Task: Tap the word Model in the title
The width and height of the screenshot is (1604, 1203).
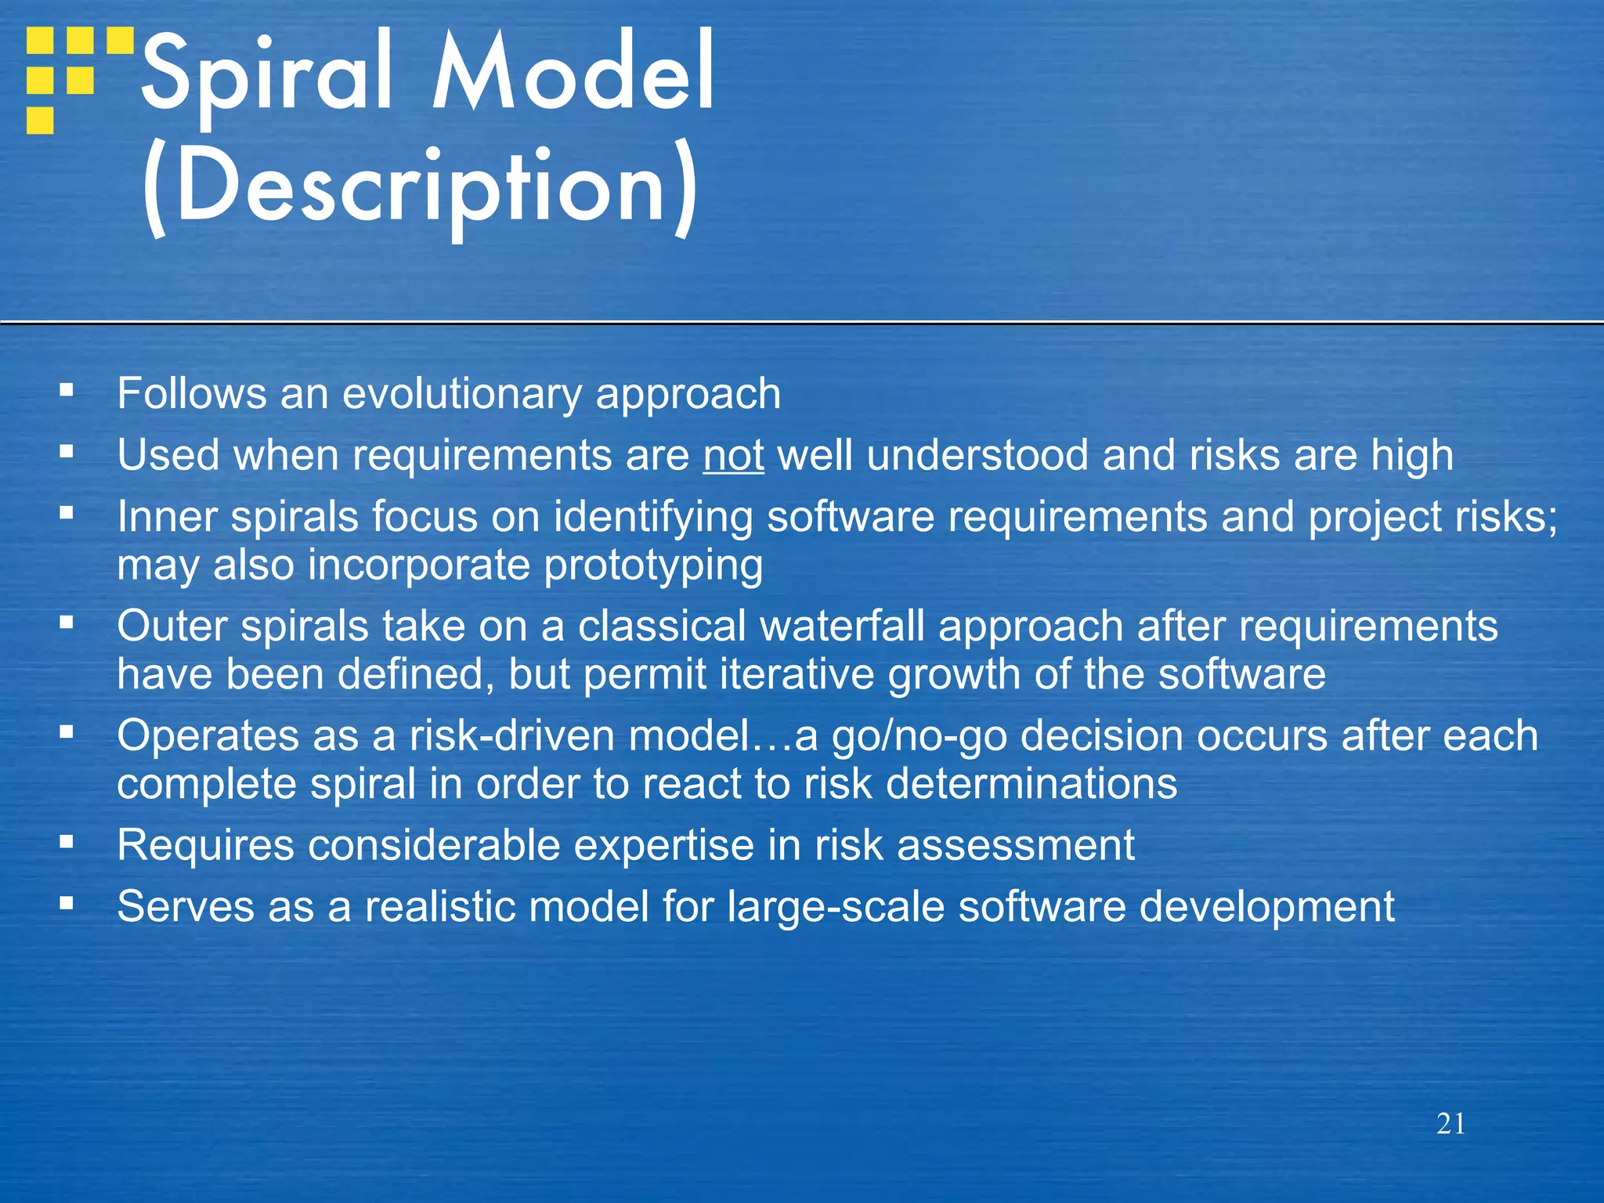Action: pyautogui.click(x=573, y=74)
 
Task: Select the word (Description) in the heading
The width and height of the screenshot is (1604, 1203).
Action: pyautogui.click(x=419, y=188)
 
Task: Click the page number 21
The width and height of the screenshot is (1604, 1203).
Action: pyautogui.click(x=1450, y=1124)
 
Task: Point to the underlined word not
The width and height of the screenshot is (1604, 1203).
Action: pyautogui.click(x=733, y=455)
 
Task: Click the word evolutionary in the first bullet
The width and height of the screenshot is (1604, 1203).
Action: pyautogui.click(x=462, y=393)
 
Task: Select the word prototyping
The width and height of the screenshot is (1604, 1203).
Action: pyautogui.click(x=653, y=565)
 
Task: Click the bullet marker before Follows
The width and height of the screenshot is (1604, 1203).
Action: pyautogui.click(x=67, y=389)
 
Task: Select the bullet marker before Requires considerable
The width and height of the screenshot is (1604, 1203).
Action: pyautogui.click(x=67, y=842)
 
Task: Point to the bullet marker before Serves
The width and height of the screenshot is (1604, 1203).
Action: pyautogui.click(x=67, y=904)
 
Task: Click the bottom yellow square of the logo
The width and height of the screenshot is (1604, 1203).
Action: pyautogui.click(x=40, y=121)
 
